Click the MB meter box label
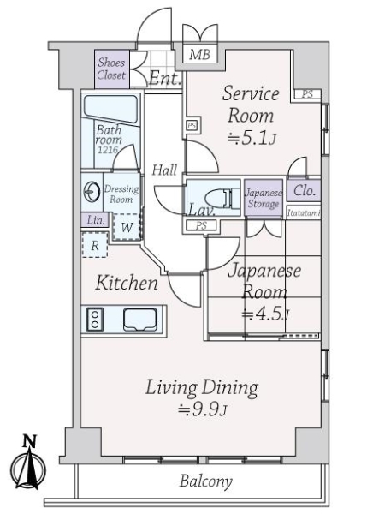pyautogui.click(x=199, y=54)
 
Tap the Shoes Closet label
pyautogui.click(x=111, y=69)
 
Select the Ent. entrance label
pyautogui.click(x=164, y=79)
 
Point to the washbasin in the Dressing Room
pyautogui.click(x=92, y=192)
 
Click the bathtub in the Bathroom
pyautogui.click(x=110, y=109)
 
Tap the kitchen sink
pyautogui.click(x=140, y=319)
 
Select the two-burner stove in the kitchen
pyautogui.click(x=95, y=320)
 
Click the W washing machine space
pyautogui.click(x=127, y=226)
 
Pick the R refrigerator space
pyautogui.click(x=95, y=245)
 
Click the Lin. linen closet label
pyautogui.click(x=96, y=220)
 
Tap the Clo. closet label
pyautogui.click(x=304, y=190)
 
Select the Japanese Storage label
pyautogui.click(x=264, y=199)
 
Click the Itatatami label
pyautogui.click(x=303, y=213)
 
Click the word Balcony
pyautogui.click(x=206, y=481)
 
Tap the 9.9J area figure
pyautogui.click(x=203, y=409)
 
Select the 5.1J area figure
pyautogui.click(x=252, y=139)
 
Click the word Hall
pyautogui.click(x=164, y=170)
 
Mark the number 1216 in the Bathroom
pyautogui.click(x=108, y=150)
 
